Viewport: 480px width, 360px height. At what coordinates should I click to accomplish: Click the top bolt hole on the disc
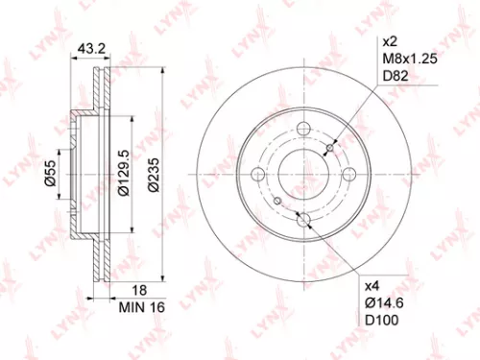303,130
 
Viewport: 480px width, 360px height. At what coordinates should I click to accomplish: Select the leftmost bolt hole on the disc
258,175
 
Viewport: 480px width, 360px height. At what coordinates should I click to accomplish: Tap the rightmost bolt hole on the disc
348,175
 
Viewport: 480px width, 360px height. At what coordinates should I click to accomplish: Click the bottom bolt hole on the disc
303,220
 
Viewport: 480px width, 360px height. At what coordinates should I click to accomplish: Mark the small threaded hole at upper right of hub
331,147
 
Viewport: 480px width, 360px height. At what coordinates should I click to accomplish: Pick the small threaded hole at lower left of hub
276,203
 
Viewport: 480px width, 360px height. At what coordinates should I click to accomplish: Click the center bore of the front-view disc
303,175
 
